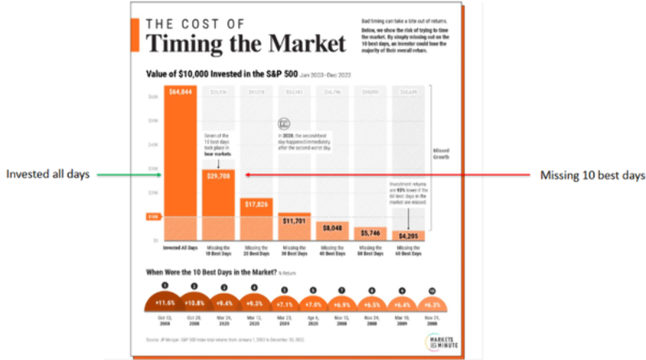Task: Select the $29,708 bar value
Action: (218, 175)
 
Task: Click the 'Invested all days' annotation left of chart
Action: (49, 174)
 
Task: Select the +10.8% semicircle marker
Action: (195, 303)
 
